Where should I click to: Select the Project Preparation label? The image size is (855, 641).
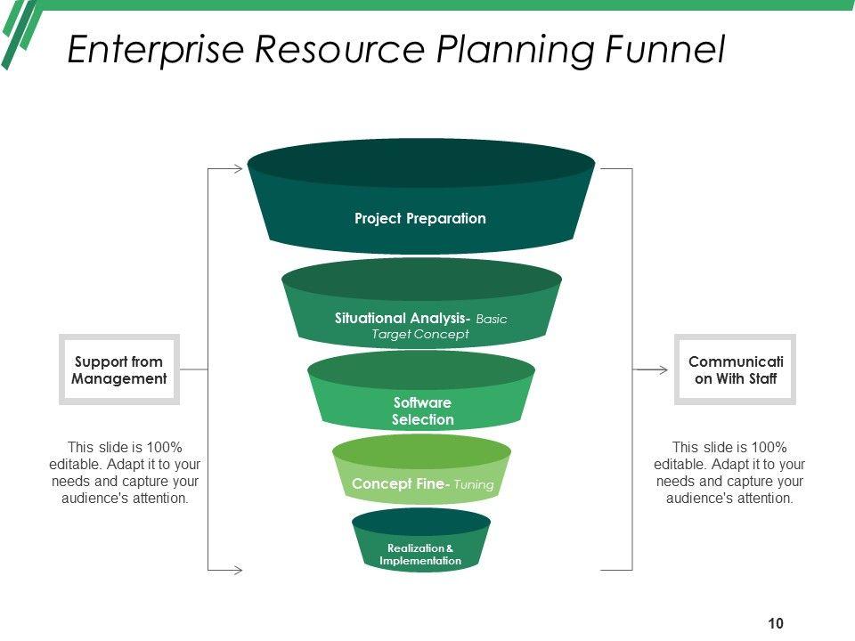tap(420, 218)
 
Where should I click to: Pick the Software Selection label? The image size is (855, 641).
tap(423, 411)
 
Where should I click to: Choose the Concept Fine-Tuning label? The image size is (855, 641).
tap(422, 484)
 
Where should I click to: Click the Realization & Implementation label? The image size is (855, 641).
tap(420, 555)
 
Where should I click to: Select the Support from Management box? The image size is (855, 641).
tap(119, 369)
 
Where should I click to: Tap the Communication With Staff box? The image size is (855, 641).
tap(735, 369)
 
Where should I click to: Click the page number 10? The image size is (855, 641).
tap(775, 623)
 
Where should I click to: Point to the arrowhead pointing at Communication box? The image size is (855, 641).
tap(663, 369)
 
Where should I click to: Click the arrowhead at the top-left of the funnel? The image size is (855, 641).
tap(238, 168)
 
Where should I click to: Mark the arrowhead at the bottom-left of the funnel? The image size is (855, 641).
tap(238, 569)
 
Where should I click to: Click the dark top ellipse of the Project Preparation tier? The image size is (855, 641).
tap(420, 163)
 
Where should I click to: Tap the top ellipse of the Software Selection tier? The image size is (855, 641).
tap(421, 370)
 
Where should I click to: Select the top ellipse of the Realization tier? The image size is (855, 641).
tap(420, 522)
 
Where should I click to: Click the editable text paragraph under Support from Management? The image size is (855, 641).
tap(125, 473)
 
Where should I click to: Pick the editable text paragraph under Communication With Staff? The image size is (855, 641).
tap(729, 473)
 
